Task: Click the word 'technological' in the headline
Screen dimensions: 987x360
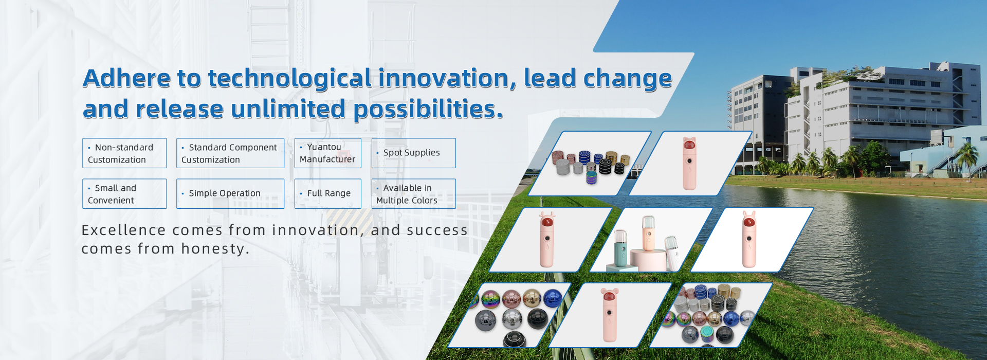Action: click(x=289, y=79)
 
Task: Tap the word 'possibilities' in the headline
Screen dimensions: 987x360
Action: click(x=425, y=110)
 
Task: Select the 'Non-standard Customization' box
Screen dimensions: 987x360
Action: click(x=124, y=153)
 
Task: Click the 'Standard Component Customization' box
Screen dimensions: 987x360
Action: click(x=230, y=153)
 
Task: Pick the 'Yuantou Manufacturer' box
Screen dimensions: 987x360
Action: click(x=328, y=153)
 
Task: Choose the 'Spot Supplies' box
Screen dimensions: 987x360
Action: click(x=414, y=153)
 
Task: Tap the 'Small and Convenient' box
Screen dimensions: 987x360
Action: click(x=124, y=194)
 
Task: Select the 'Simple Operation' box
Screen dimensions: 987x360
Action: click(x=230, y=194)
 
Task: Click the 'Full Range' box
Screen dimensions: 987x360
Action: click(x=328, y=194)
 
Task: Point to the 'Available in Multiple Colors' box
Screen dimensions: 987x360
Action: click(x=414, y=194)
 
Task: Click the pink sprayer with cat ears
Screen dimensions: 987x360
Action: click(x=689, y=163)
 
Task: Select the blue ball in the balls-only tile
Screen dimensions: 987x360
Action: click(x=552, y=298)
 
